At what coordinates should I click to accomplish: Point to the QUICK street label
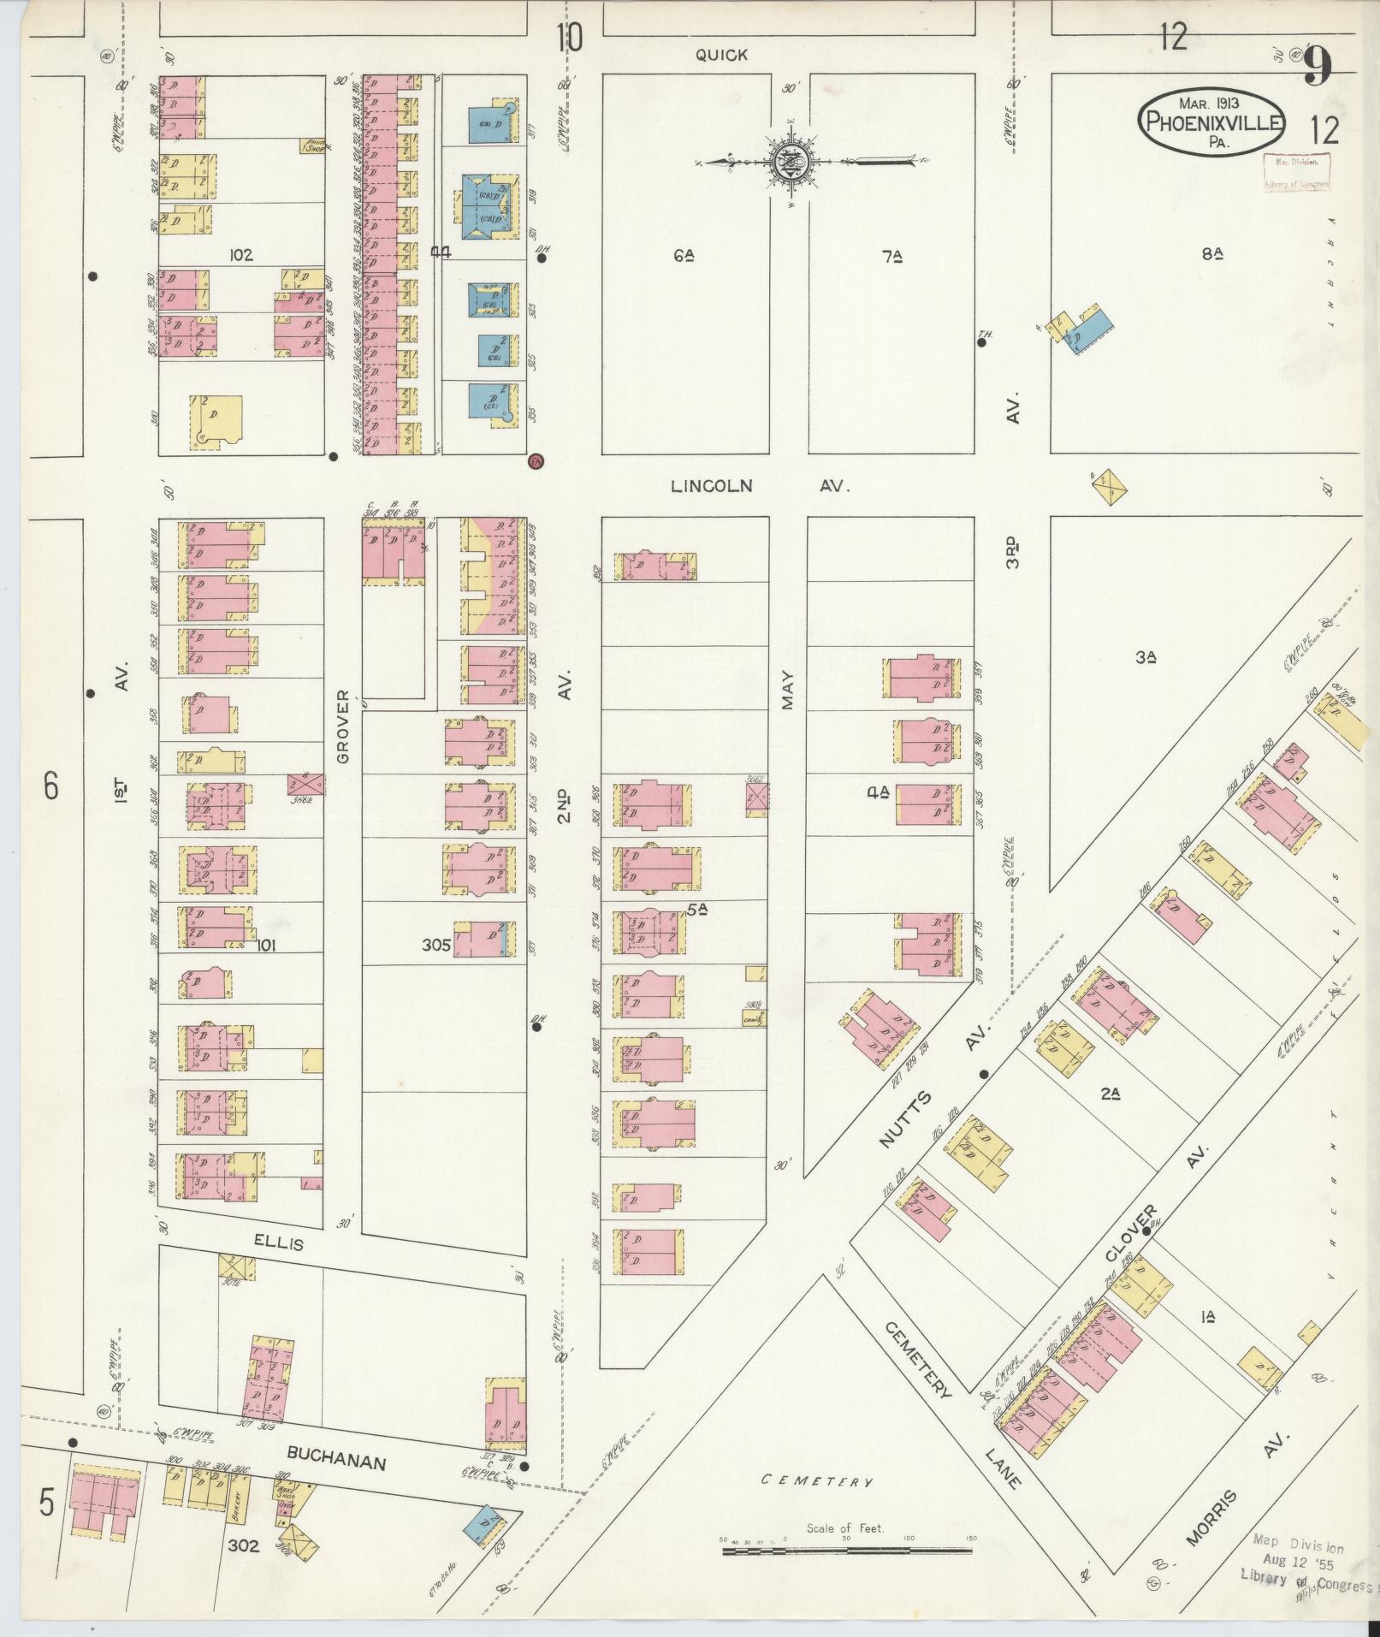721,55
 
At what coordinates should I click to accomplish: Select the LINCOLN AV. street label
760,486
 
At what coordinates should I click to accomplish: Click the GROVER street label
343,727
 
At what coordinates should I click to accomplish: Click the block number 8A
1211,253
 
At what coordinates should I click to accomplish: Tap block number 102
241,254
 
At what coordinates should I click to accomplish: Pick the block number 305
435,946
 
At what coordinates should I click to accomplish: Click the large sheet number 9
1318,66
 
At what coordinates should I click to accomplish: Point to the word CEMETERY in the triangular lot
816,1481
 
